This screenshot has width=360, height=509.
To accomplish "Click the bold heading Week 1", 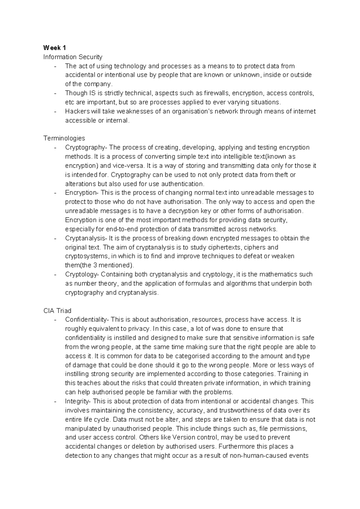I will (x=55, y=48).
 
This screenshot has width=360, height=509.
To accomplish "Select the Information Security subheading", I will (x=73, y=57).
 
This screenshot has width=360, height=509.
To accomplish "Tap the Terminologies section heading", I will (x=64, y=138).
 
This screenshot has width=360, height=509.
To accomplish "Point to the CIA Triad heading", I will (x=57, y=311).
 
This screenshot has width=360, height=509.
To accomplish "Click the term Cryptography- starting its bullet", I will (x=86, y=148).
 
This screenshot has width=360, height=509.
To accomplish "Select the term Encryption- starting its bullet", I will (x=84, y=193).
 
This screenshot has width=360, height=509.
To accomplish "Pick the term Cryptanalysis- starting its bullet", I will (x=86, y=238).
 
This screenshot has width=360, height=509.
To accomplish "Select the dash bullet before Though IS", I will (x=55, y=93).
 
